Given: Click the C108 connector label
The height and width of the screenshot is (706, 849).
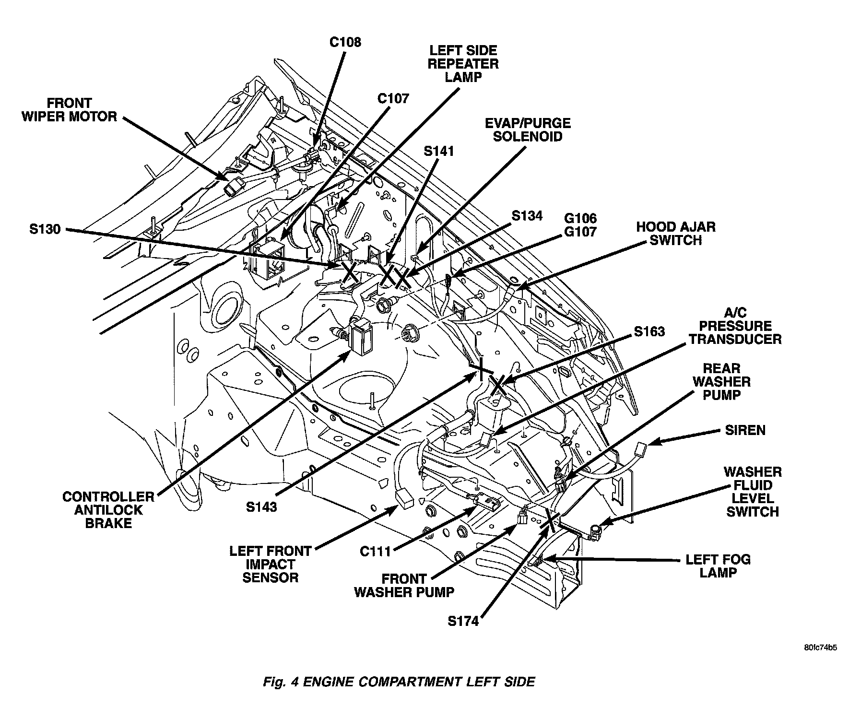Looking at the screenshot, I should (345, 42).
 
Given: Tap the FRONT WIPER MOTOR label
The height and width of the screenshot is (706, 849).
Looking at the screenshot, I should (69, 110).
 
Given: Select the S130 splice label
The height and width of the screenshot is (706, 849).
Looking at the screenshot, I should (45, 230).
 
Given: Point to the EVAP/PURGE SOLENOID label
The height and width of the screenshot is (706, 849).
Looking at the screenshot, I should (528, 130).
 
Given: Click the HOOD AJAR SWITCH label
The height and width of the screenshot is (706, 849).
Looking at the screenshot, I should (676, 234).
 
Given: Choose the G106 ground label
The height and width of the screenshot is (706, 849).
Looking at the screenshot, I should (580, 219).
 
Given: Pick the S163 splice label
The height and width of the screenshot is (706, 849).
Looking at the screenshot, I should (649, 331).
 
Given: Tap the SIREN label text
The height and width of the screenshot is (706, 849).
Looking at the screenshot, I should (745, 430).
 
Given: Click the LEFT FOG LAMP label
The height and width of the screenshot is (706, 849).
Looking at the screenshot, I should (718, 566).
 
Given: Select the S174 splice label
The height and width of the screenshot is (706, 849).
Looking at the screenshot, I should (463, 622).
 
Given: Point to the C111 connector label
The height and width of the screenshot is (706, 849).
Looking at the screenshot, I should (376, 552).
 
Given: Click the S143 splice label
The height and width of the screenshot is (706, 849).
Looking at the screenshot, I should (261, 506).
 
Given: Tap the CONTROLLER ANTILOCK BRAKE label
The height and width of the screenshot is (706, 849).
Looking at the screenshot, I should (108, 509).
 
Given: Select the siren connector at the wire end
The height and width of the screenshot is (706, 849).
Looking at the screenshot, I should (640, 451).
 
